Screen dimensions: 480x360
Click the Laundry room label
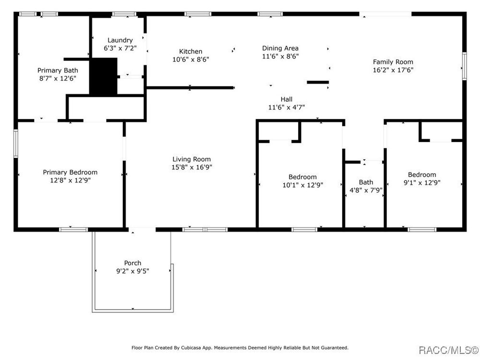(x=120, y=40)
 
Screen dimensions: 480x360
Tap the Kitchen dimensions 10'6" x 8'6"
(x=191, y=60)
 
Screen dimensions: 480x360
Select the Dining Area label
(x=280, y=48)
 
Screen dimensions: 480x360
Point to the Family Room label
(x=393, y=62)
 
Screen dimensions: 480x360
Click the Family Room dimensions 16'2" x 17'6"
(x=393, y=70)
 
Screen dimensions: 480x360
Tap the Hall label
(x=287, y=99)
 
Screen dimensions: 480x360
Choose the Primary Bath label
(x=58, y=71)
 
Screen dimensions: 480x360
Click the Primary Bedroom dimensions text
(x=71, y=180)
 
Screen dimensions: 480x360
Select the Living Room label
(x=192, y=159)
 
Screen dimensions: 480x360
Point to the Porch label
(x=132, y=263)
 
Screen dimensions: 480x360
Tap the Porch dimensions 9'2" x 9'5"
(x=132, y=271)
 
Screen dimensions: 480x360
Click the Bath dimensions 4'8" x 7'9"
(x=366, y=190)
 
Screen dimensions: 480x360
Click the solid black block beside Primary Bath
(x=103, y=76)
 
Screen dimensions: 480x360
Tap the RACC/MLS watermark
(x=448, y=350)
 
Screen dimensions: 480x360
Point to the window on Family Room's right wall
(x=464, y=66)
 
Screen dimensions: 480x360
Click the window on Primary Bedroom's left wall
(x=16, y=144)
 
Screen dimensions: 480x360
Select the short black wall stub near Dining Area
(x=318, y=82)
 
